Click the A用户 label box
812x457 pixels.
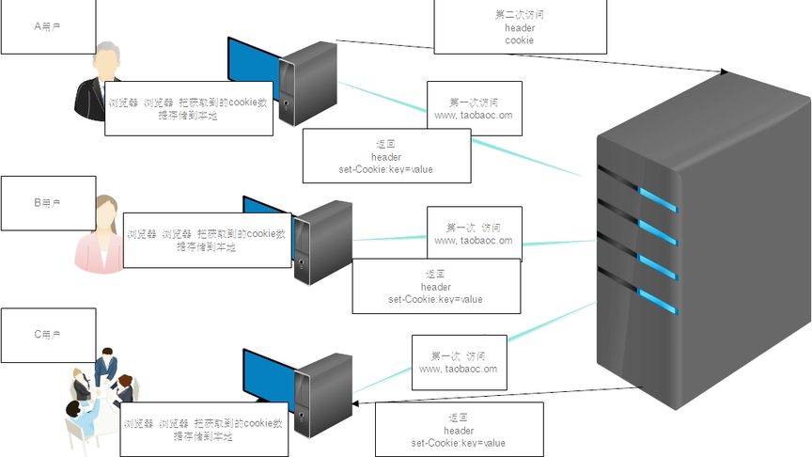click(48, 26)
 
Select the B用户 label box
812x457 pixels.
click(48, 203)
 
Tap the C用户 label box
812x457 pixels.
click(48, 335)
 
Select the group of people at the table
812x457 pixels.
click(99, 395)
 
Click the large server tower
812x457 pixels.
click(703, 244)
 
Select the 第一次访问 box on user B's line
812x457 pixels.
click(474, 233)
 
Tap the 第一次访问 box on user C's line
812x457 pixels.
click(459, 362)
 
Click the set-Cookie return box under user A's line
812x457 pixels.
click(386, 156)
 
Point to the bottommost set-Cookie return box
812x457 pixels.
click(459, 430)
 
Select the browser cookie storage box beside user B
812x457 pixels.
click(206, 240)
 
